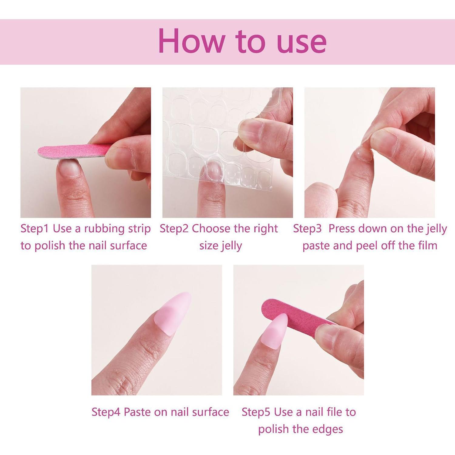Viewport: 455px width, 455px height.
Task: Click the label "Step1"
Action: pyautogui.click(x=34, y=228)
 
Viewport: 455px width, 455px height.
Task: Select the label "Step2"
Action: pyautogui.click(x=174, y=228)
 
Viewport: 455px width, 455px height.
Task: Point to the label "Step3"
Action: pyautogui.click(x=307, y=228)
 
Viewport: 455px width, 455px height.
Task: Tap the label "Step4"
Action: pyautogui.click(x=106, y=412)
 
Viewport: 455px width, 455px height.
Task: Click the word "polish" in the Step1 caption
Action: pyautogui.click(x=50, y=246)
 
